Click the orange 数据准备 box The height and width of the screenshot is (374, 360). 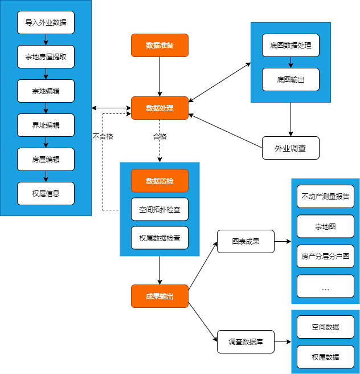click(x=159, y=45)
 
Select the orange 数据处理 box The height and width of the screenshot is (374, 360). click(x=159, y=108)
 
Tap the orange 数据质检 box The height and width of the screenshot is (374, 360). click(x=159, y=181)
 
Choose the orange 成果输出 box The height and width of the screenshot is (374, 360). click(x=159, y=296)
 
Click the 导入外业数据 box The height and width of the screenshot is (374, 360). click(x=46, y=22)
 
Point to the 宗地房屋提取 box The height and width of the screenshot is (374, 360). click(x=46, y=57)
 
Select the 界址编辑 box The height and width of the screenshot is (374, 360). click(x=46, y=125)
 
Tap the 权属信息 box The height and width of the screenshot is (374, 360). click(x=46, y=194)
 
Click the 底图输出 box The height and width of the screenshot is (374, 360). click(x=291, y=80)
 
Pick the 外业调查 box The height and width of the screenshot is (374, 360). click(x=291, y=148)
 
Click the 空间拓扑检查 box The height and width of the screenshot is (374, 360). click(x=159, y=209)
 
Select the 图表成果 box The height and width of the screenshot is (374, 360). click(x=246, y=241)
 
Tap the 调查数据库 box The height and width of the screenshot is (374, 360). click(x=246, y=342)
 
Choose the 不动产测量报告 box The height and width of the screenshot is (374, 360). click(x=325, y=197)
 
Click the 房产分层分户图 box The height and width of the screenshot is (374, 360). click(x=325, y=257)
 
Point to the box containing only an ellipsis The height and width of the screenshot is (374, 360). click(x=325, y=286)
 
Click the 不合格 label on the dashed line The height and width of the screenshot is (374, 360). click(x=103, y=137)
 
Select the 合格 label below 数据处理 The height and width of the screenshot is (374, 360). click(x=159, y=137)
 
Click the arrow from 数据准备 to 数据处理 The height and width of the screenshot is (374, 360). click(x=159, y=76)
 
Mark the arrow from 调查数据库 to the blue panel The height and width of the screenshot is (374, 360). click(x=283, y=342)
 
